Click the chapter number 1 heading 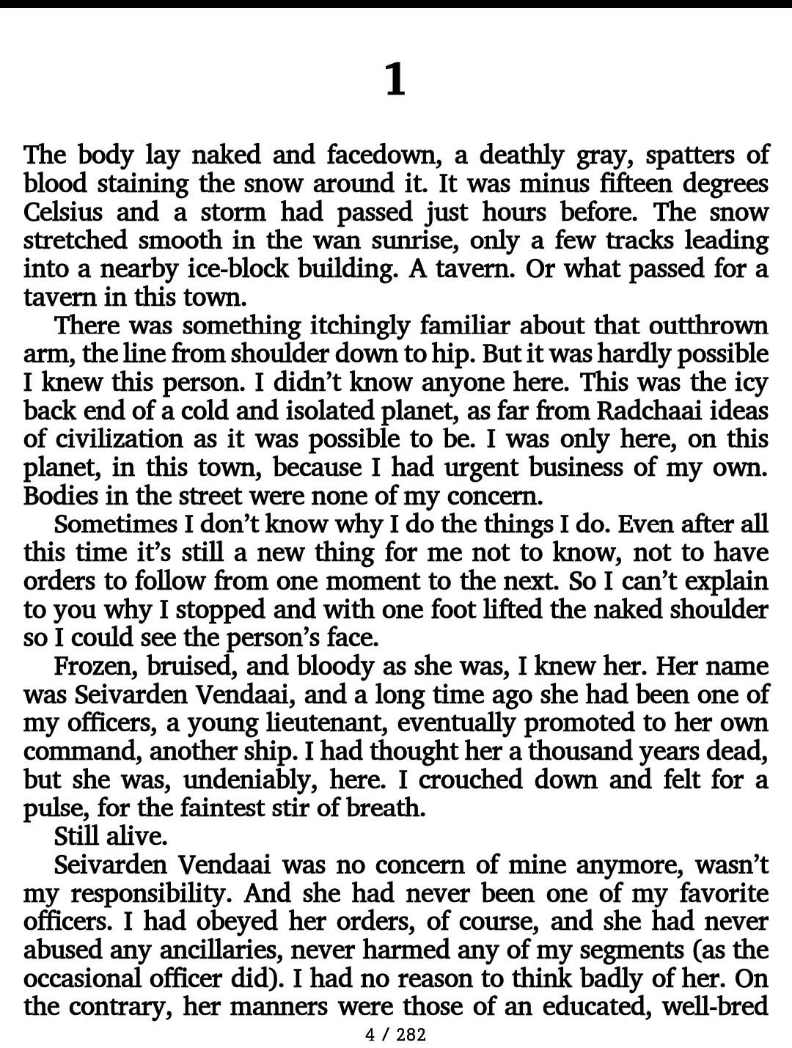pyautogui.click(x=395, y=80)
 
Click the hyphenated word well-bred pyautogui.click(x=715, y=1007)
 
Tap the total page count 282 pyautogui.click(x=411, y=1035)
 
